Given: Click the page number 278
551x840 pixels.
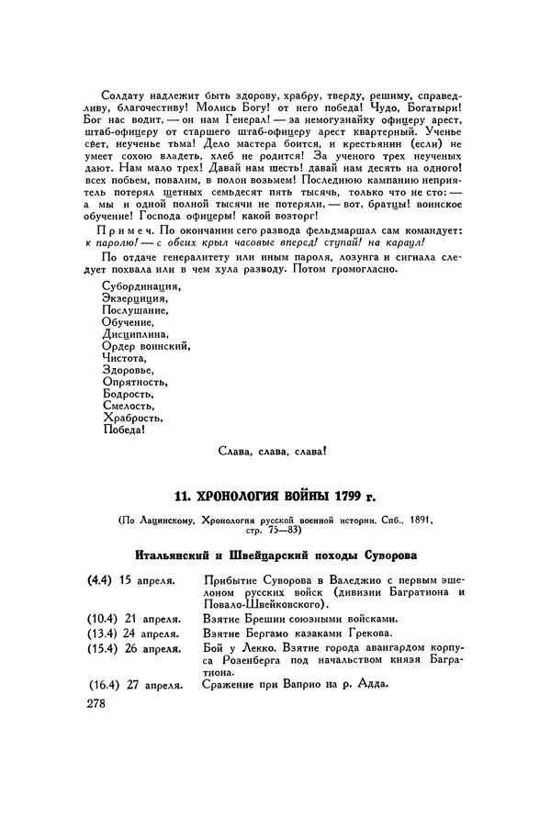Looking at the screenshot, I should click(x=95, y=704).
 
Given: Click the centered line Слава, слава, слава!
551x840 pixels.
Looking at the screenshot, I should click(x=274, y=452).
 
